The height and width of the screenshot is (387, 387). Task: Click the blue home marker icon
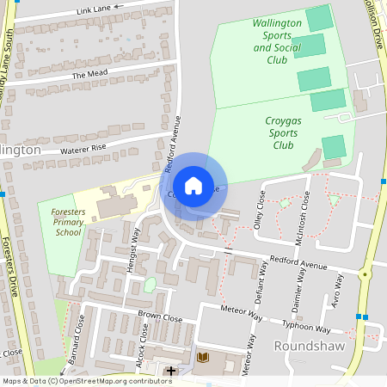[193, 184]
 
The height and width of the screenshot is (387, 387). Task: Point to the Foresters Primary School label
[67, 221]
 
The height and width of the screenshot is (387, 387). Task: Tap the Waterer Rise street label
[83, 149]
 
